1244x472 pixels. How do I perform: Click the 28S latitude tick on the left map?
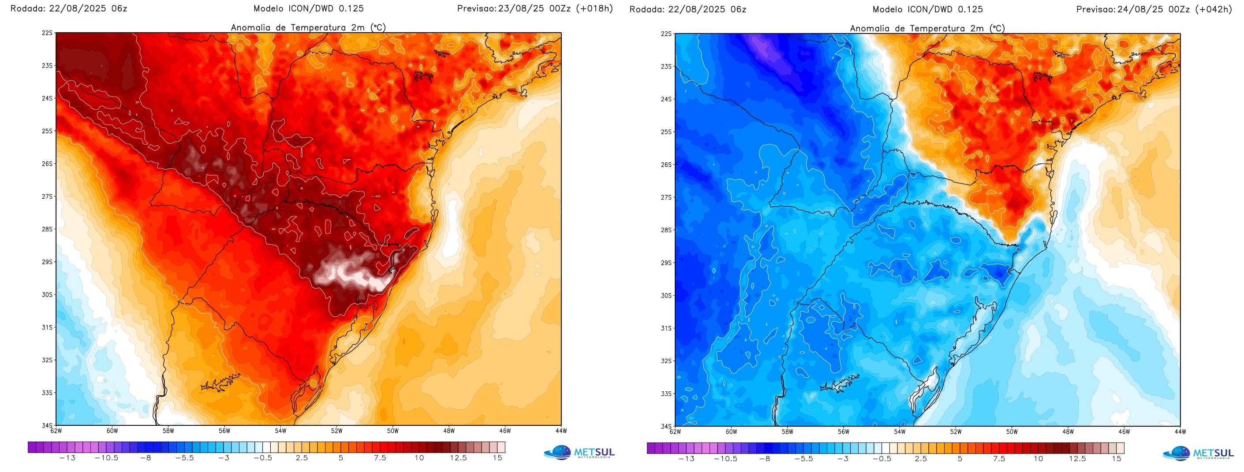(48, 229)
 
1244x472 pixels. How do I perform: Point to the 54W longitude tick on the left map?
(280, 431)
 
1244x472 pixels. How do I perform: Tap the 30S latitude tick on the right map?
(666, 295)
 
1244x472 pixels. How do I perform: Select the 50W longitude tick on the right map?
(1012, 431)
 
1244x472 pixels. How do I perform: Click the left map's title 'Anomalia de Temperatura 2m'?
(308, 27)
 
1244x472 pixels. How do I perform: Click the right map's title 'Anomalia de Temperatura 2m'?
(927, 29)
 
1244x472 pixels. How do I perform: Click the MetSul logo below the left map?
(579, 453)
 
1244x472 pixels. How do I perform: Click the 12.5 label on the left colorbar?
(458, 457)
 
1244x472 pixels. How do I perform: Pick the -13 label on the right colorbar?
(686, 458)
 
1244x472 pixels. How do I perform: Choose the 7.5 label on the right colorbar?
(999, 458)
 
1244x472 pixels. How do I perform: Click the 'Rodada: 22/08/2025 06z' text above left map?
(69, 8)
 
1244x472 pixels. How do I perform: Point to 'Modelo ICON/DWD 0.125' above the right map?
(928, 9)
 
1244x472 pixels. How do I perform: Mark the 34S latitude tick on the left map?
(48, 426)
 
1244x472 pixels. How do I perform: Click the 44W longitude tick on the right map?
(1180, 431)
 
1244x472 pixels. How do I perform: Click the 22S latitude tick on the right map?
(666, 34)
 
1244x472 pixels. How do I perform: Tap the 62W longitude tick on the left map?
(56, 431)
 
